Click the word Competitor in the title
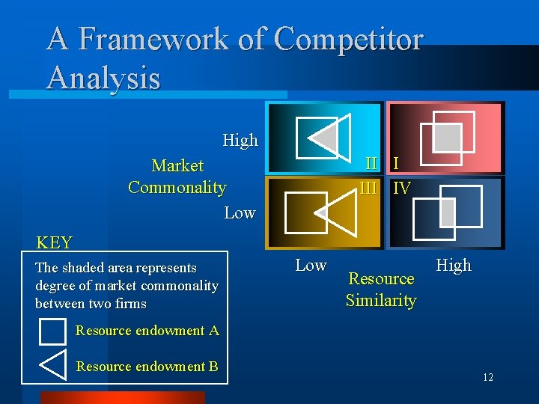[349, 40]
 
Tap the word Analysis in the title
[103, 78]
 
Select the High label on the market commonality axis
[240, 141]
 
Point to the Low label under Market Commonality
[240, 213]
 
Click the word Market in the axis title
[177, 165]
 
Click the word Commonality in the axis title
[177, 187]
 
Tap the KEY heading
[55, 242]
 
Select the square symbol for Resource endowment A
[52, 331]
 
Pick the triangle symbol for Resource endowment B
[54, 364]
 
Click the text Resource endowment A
[147, 331]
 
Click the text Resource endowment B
[147, 367]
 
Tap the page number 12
[487, 378]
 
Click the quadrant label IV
[402, 189]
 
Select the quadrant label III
[368, 188]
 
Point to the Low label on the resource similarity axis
[311, 265]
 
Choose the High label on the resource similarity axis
[454, 265]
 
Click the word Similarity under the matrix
[380, 301]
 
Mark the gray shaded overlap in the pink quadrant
[448, 137]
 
